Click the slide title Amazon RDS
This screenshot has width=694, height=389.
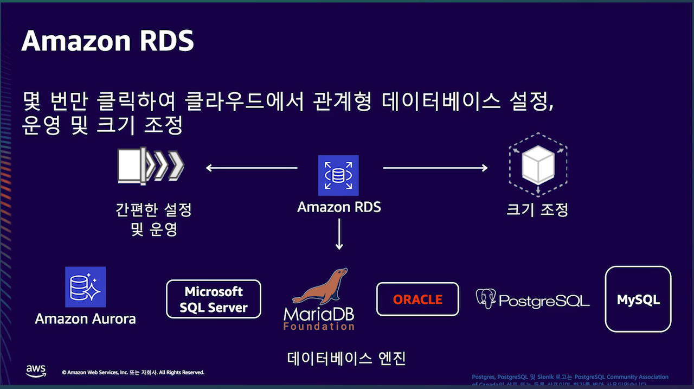107,41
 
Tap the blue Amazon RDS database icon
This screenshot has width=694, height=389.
338,175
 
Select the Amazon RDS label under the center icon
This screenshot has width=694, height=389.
339,207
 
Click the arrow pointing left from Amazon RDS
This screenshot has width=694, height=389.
252,168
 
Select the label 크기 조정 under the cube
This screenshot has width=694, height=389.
537,209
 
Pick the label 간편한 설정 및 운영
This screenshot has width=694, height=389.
154,219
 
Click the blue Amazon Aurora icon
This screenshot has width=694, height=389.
85,287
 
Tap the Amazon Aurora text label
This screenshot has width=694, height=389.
85,318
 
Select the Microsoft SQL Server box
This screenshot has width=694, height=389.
213,299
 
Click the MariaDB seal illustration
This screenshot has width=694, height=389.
320,286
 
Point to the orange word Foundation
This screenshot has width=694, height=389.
319,327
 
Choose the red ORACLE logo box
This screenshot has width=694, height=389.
417,299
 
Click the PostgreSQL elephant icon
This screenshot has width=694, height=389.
486,299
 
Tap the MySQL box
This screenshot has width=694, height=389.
638,299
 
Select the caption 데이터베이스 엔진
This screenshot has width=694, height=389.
346,359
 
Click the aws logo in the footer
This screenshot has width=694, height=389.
36,371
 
